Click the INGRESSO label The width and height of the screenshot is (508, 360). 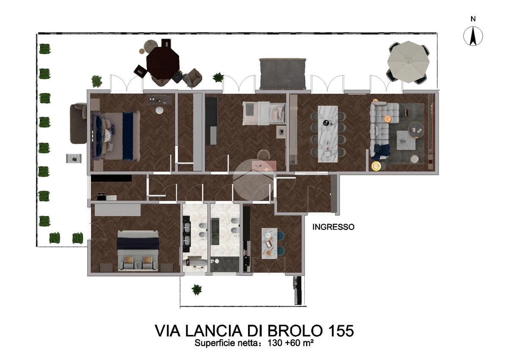point(333,227)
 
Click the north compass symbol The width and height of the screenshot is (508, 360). point(473,36)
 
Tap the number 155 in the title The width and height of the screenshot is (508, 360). point(339,331)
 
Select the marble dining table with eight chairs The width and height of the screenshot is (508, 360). point(328,134)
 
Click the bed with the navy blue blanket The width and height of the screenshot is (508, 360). point(116,136)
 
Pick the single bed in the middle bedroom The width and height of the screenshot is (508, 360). point(264,114)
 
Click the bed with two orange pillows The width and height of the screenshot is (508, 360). point(137,251)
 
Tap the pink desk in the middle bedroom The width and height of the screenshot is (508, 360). point(264,166)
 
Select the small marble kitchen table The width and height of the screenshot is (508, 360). point(269,244)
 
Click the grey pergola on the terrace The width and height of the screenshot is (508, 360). point(283,74)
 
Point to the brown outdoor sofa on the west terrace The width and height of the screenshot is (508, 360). point(78,123)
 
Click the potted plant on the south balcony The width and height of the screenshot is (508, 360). point(196,290)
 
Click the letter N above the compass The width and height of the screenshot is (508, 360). point(473,19)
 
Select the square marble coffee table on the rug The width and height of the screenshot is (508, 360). point(406,140)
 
